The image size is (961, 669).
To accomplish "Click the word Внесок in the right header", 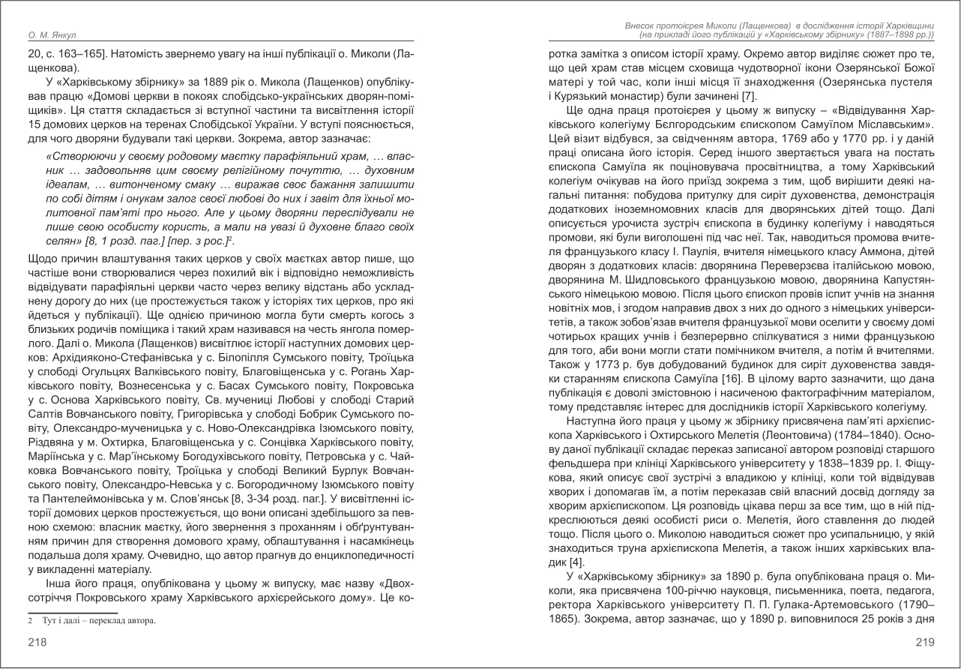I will [x=642, y=25].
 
